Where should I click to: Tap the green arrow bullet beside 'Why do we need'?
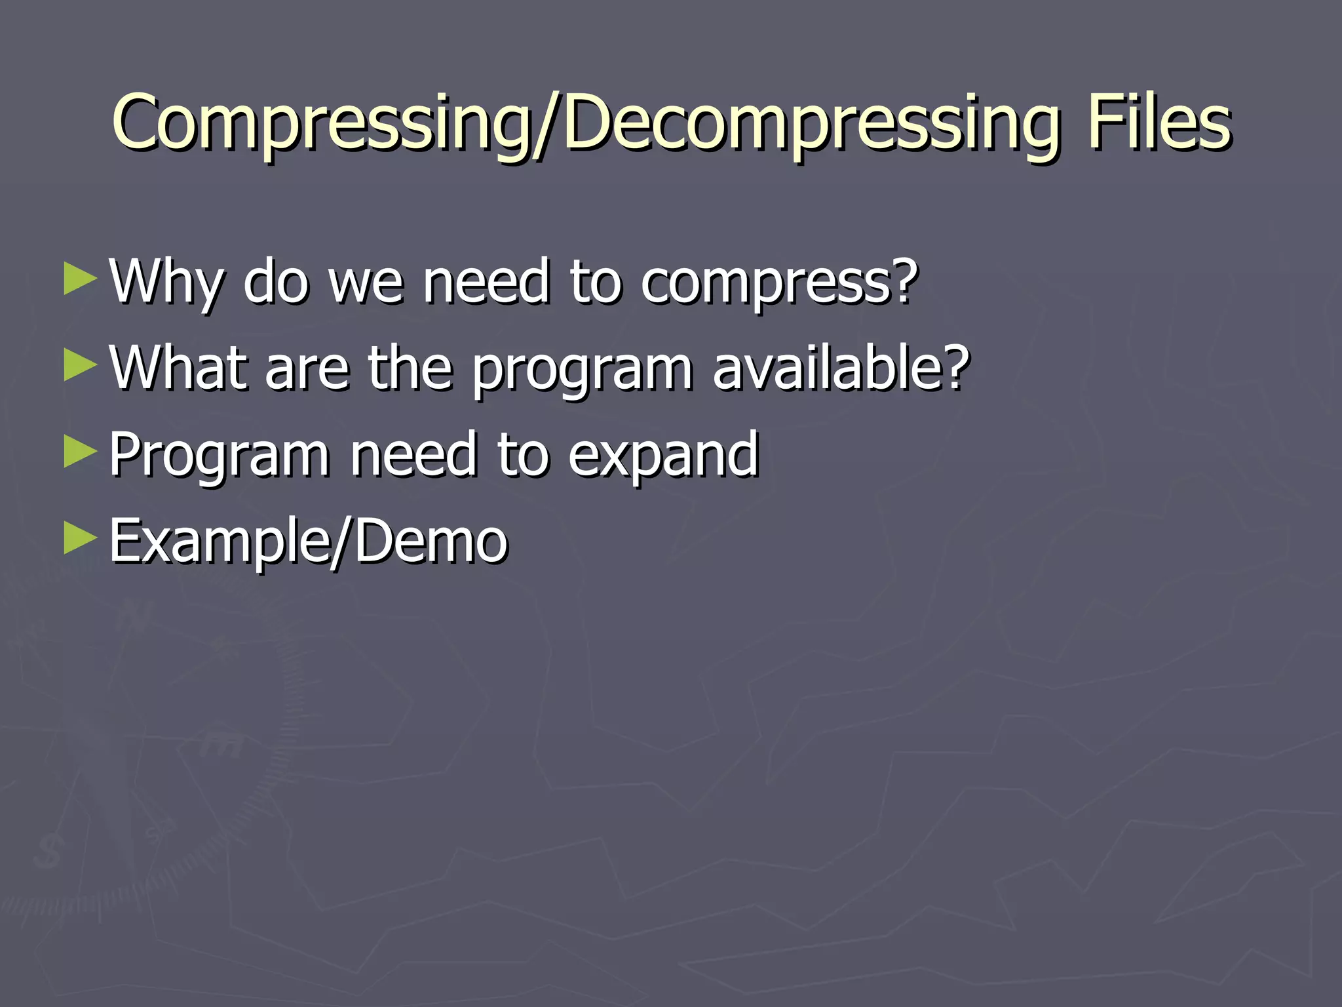point(80,279)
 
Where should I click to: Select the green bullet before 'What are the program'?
point(80,365)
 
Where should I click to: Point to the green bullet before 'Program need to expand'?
point(80,452)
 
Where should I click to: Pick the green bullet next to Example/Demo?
point(80,539)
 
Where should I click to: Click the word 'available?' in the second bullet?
point(840,368)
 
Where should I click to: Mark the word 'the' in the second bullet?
point(410,368)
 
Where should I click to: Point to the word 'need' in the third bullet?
point(413,455)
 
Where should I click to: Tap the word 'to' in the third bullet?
point(522,455)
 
